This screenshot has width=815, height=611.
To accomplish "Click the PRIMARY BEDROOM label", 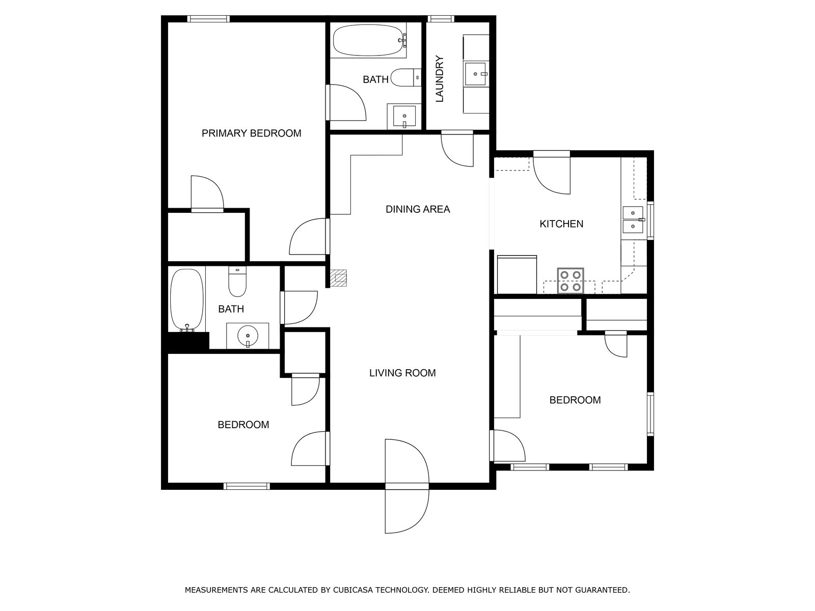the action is (x=251, y=133).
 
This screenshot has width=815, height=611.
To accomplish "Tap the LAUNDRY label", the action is (x=440, y=79).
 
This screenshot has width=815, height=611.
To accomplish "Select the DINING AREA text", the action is (x=418, y=209).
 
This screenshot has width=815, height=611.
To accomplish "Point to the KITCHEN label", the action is (x=561, y=224).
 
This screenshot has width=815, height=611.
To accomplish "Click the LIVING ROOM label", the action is (x=402, y=373).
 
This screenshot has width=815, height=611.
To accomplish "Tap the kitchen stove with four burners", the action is (x=570, y=281).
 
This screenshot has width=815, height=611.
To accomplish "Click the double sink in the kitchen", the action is (x=633, y=219).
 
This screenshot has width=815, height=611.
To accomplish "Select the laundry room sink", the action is (x=476, y=74).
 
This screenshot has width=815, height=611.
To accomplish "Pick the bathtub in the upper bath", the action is (x=369, y=40).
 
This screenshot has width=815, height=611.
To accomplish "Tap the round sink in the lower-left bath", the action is (x=248, y=336).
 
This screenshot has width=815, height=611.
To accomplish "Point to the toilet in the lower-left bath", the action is (x=237, y=282).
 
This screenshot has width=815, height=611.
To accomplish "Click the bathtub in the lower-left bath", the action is (x=187, y=300).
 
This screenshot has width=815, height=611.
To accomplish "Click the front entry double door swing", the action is (x=407, y=486).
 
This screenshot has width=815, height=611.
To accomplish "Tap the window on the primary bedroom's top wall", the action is (x=208, y=19).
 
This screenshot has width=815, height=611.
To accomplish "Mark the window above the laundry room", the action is (x=441, y=19).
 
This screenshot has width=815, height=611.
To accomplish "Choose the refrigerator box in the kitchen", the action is (x=517, y=274).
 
